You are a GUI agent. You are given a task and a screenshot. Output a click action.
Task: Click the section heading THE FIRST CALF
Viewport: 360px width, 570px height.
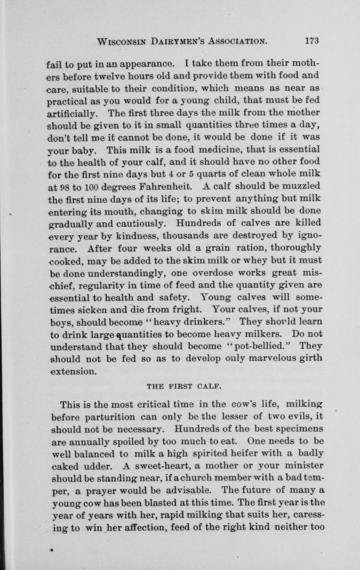click(x=185, y=387)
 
